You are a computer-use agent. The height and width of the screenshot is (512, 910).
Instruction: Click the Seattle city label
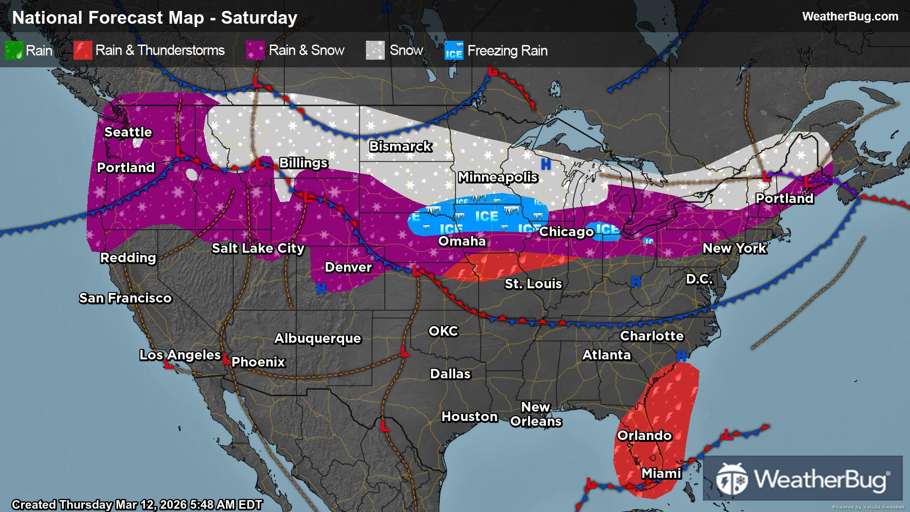click(128, 132)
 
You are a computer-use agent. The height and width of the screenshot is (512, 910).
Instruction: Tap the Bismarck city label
click(400, 146)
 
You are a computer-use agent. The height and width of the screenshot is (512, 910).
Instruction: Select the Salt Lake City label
click(258, 248)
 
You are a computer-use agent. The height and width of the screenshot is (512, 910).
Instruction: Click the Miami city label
click(661, 474)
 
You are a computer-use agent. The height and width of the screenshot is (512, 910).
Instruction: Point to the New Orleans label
click(536, 414)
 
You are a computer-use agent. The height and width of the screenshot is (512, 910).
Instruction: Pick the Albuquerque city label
click(318, 338)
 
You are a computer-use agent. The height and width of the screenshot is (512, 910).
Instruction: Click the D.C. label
click(699, 279)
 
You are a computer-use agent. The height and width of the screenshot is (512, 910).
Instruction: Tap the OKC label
click(443, 331)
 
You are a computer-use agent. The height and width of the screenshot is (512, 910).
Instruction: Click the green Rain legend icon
click(14, 51)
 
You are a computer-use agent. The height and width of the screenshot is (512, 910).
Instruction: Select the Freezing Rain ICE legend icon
click(454, 51)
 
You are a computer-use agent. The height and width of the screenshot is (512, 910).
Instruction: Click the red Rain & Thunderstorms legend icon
click(82, 51)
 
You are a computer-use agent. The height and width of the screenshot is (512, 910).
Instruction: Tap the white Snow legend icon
click(375, 51)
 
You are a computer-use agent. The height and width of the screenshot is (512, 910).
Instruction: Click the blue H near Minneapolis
click(546, 165)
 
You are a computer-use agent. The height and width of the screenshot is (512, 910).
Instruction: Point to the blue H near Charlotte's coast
click(682, 356)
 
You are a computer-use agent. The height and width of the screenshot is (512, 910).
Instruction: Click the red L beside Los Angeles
click(168, 364)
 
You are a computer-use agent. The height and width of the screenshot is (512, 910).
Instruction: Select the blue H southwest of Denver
click(321, 288)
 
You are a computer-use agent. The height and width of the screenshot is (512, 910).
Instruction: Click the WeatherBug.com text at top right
click(850, 17)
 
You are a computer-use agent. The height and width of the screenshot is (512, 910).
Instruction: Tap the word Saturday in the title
click(259, 18)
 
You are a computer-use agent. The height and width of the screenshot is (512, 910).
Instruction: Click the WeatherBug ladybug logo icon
click(731, 479)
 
